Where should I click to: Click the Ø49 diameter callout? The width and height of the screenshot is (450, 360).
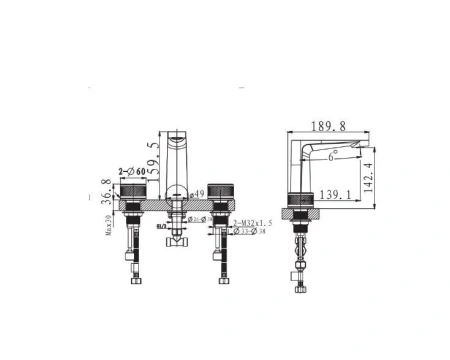(198, 194)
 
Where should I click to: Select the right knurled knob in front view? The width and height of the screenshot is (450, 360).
(219, 193)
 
